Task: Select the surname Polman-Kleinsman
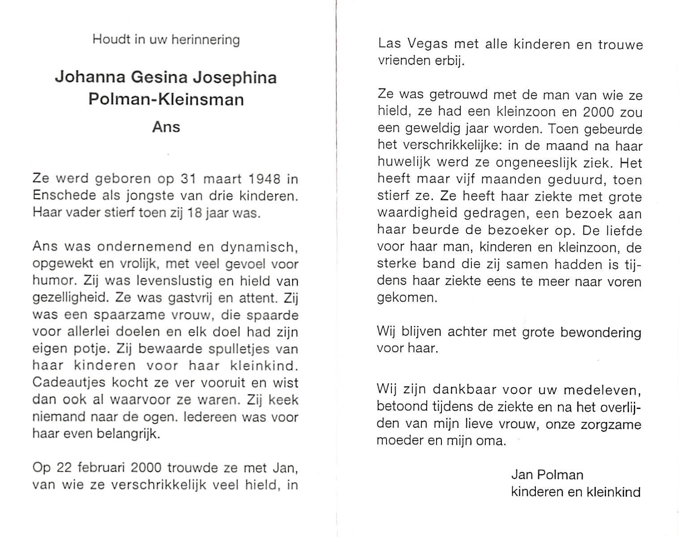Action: (x=166, y=99)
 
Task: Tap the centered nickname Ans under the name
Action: (x=166, y=127)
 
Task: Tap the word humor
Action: (x=50, y=281)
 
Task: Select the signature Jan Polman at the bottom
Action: (x=547, y=475)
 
